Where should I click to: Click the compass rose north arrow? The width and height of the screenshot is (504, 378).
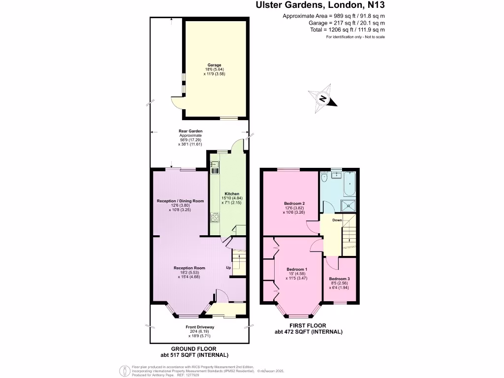tap(322, 98)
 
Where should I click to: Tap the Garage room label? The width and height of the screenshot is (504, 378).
tap(214, 65)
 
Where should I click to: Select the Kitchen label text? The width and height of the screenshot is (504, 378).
tap(232, 193)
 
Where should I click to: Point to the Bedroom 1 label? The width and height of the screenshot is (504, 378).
tap(297, 269)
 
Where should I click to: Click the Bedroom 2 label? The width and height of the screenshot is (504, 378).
tap(294, 204)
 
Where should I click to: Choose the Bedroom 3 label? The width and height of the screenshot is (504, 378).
tap(339, 279)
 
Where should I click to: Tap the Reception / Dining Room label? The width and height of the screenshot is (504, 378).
tap(180, 201)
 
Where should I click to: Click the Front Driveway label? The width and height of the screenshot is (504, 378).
tap(200, 327)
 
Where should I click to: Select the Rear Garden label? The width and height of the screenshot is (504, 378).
tap(190, 131)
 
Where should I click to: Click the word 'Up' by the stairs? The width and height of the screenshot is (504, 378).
tap(228, 268)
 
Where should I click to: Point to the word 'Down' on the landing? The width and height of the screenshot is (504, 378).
tap(337, 220)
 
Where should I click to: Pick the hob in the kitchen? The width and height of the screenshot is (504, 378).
tap(215, 217)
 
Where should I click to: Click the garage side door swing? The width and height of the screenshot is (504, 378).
tap(177, 102)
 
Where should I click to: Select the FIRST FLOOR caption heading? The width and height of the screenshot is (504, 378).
tap(309, 325)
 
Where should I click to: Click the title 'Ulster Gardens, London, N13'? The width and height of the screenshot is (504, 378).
tap(320, 6)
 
